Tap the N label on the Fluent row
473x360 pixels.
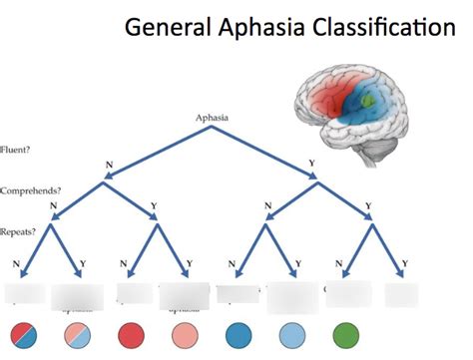coord(108,164)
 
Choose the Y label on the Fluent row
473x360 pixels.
coord(315,164)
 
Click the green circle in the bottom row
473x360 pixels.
coord(345,335)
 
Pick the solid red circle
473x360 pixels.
coord(133,335)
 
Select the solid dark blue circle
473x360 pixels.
coord(239,335)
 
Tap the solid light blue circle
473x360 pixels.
coord(291,335)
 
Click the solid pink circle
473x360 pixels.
coord(186,335)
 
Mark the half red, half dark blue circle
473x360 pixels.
coord(25,335)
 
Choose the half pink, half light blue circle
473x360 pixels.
coord(79,335)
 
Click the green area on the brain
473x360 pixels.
coord(371,101)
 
